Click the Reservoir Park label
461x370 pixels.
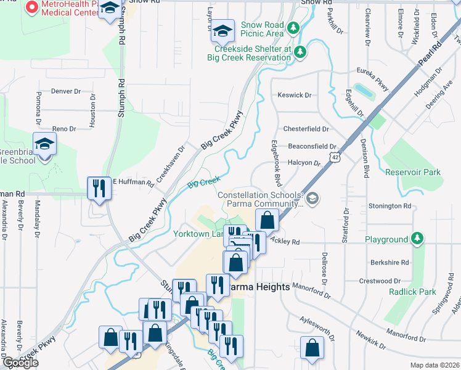(413, 172)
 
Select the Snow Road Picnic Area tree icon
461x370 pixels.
(294, 28)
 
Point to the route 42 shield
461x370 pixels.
(333, 157)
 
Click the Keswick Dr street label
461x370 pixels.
(295, 96)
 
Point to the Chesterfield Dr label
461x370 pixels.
(306, 129)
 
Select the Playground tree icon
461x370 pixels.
(418, 239)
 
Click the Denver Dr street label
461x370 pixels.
(66, 91)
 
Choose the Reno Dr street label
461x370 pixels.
(63, 129)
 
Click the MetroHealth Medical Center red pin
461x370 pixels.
(32, 7)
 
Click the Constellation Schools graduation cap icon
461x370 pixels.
(312, 198)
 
